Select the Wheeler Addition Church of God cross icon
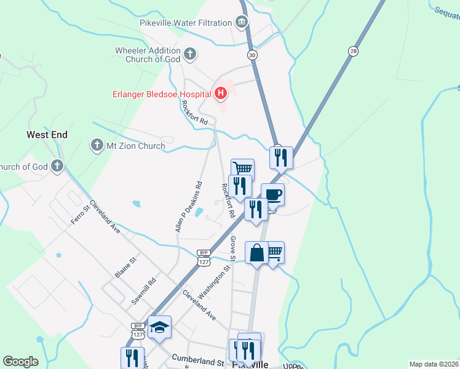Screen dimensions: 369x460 [190, 54]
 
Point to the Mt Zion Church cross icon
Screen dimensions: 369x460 [97, 146]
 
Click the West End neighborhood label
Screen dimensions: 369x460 [47, 134]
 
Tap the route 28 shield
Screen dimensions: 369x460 [352, 52]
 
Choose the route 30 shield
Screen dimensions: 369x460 [252, 55]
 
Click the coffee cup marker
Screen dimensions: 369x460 [272, 196]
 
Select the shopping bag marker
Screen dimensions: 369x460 [256, 252]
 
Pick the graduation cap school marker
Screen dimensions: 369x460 [159, 327]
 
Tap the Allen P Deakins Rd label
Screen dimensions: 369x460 [188, 207]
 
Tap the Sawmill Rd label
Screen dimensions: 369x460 [144, 292]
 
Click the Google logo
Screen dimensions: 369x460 [20, 362]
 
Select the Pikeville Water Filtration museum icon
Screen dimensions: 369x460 [242, 23]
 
